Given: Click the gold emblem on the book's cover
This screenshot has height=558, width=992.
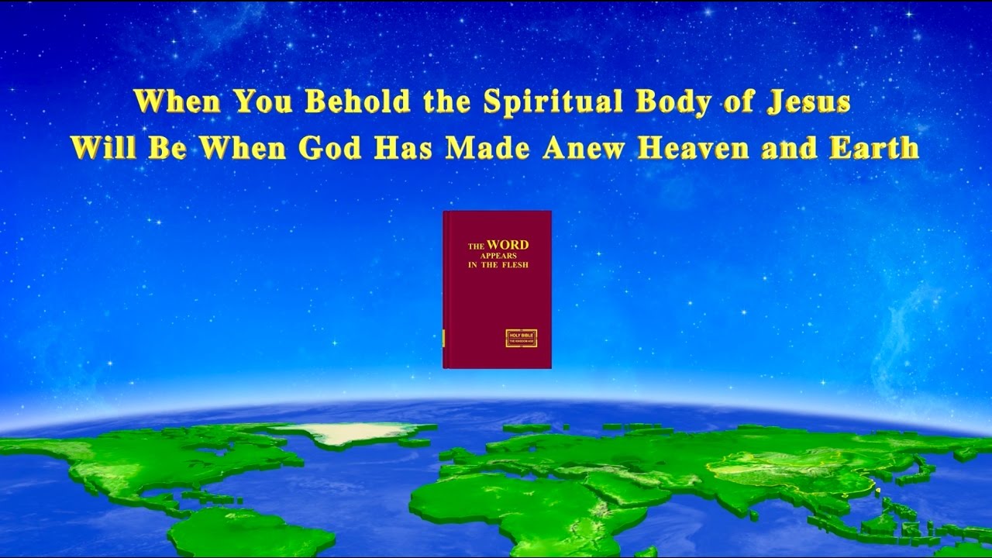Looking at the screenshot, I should click(521, 338).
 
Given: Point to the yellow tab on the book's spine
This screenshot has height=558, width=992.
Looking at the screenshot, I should click(444, 338).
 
